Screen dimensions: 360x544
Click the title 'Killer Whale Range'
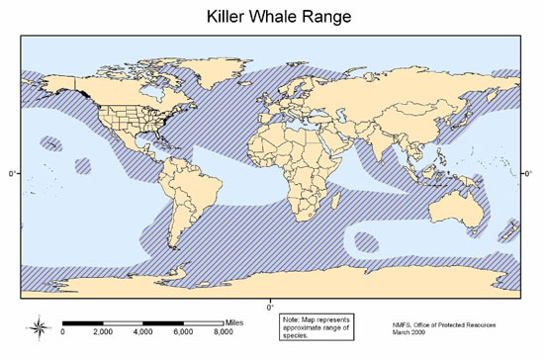click(271, 17)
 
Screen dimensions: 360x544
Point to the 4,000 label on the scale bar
click(144, 333)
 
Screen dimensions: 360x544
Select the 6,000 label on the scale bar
click(185, 333)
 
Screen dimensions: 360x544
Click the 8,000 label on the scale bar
click(226, 333)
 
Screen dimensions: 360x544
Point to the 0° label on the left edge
click(12, 173)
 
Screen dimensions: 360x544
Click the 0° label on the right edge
click(528, 173)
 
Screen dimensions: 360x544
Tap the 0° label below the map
click(270, 303)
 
